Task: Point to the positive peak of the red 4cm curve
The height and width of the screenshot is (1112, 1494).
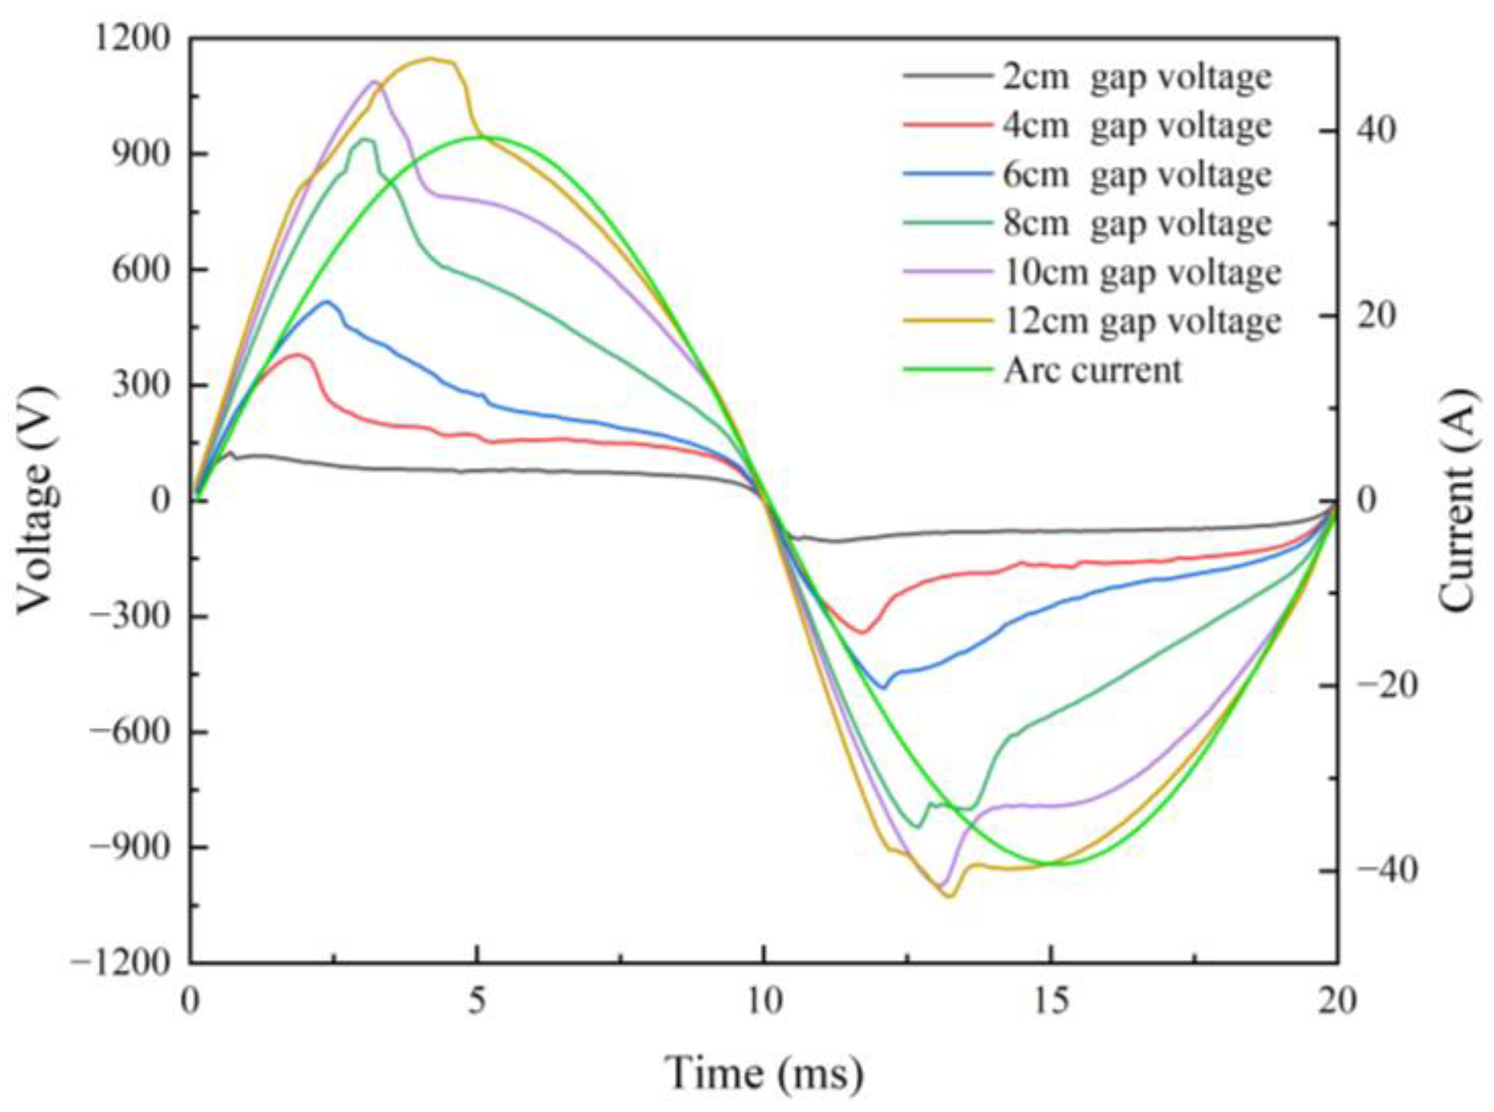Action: point(297,354)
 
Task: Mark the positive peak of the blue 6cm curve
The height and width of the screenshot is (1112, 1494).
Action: point(327,302)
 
